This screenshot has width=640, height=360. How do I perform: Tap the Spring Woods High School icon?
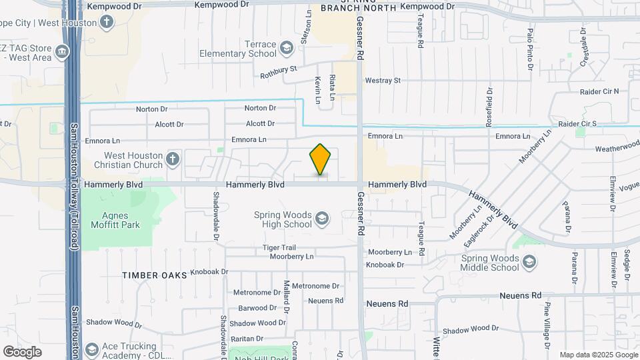click(x=321, y=218)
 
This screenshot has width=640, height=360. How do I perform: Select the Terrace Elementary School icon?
click(x=287, y=47)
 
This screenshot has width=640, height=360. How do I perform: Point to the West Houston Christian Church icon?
click(x=173, y=158)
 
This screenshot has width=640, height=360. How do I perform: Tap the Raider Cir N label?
click(x=599, y=91)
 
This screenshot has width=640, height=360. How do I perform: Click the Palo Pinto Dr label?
click(x=530, y=49)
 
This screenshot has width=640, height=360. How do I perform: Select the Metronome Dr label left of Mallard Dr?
click(x=257, y=293)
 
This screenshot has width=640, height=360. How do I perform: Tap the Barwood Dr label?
click(x=257, y=308)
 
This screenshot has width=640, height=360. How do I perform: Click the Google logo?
click(x=22, y=352)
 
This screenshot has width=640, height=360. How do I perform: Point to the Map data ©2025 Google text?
click(x=597, y=355)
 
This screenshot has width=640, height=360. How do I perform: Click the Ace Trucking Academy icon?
click(x=91, y=349)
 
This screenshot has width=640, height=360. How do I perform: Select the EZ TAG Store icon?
click(x=62, y=51)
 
